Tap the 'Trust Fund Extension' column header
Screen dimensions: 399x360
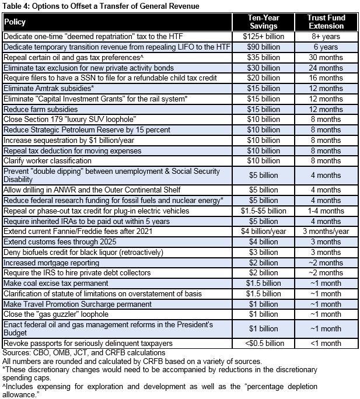pos(326,22)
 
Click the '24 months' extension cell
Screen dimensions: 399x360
pos(326,68)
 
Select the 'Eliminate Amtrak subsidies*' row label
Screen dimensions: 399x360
pos(49,89)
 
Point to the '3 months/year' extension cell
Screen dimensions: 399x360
pos(326,231)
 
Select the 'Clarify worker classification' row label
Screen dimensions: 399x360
pos(47,160)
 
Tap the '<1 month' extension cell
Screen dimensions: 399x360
pos(326,344)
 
